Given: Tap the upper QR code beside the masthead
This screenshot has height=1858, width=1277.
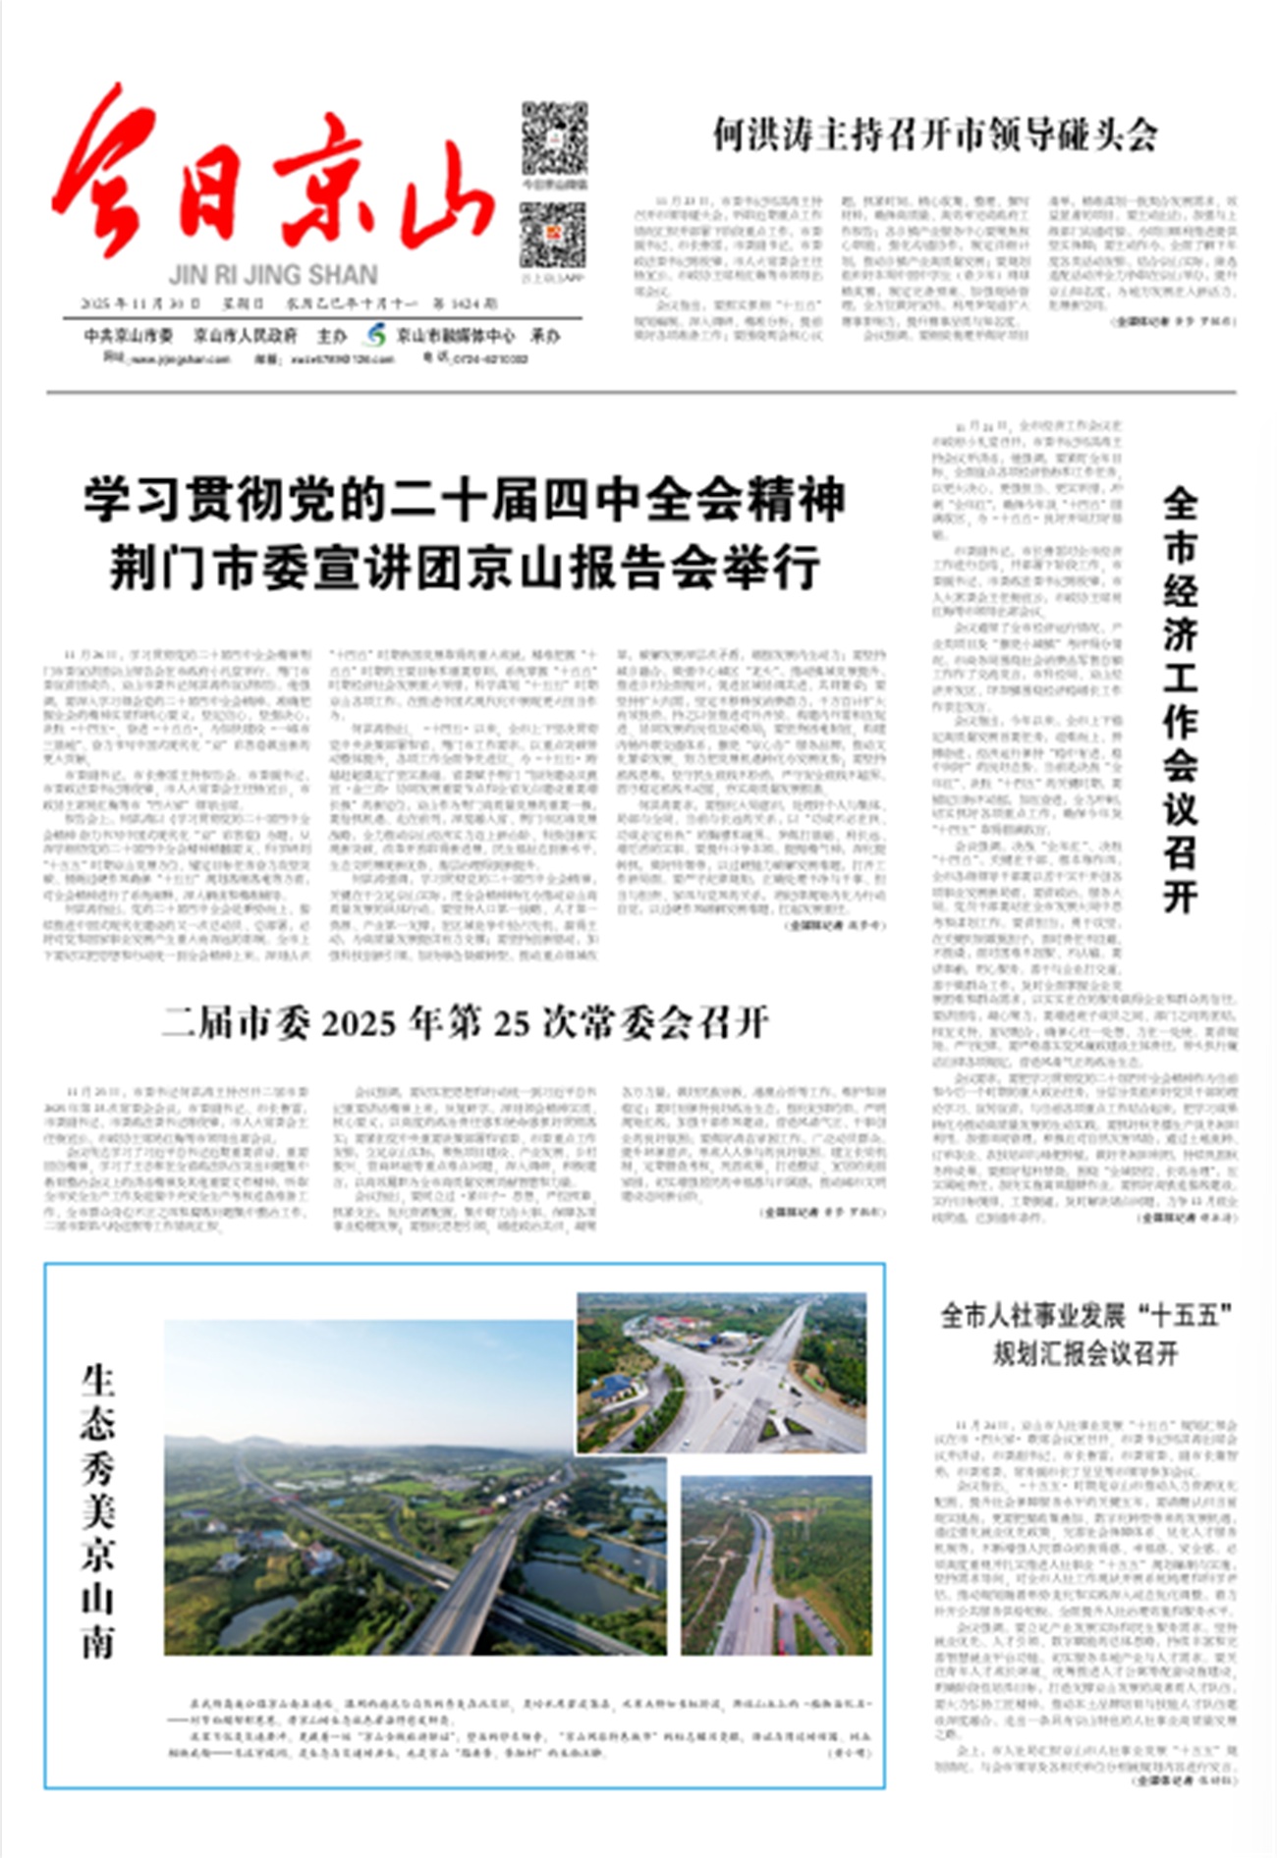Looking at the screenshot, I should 553,138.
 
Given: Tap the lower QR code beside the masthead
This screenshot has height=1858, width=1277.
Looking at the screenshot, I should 552,236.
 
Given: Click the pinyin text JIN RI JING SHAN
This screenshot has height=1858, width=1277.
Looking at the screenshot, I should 273,275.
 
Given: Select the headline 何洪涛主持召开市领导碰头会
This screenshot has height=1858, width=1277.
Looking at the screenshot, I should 934,135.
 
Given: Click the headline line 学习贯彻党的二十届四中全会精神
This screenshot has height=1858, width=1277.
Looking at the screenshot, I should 464,500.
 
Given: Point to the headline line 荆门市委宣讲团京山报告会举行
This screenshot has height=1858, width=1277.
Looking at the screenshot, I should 464,569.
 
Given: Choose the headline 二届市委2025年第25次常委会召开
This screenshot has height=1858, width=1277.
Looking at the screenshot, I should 465,1023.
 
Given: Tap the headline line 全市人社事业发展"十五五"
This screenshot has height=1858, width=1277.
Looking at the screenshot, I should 1085,1315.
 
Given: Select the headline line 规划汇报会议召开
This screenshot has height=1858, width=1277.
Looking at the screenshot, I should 1084,1354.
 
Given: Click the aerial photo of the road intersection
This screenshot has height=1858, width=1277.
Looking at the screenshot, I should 722,1372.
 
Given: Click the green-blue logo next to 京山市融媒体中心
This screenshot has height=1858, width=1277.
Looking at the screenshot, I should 374,335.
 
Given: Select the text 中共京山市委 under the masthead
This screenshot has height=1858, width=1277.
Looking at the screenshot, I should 128,336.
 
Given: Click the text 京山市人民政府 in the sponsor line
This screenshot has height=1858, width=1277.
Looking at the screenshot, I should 245,336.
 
